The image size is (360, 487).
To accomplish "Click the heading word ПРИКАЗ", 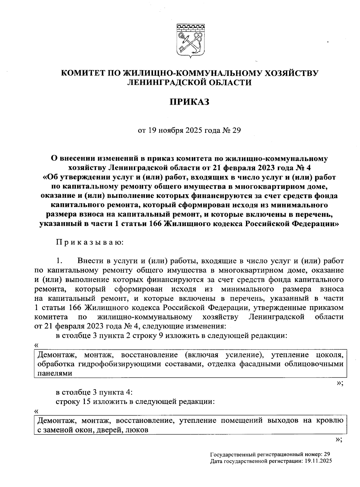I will (x=189, y=102).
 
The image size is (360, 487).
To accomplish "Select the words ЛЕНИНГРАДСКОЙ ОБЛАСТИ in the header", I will (x=189, y=82).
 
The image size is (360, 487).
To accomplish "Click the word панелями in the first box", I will (x=55, y=373).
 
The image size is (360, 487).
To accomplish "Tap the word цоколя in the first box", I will (x=330, y=355).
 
